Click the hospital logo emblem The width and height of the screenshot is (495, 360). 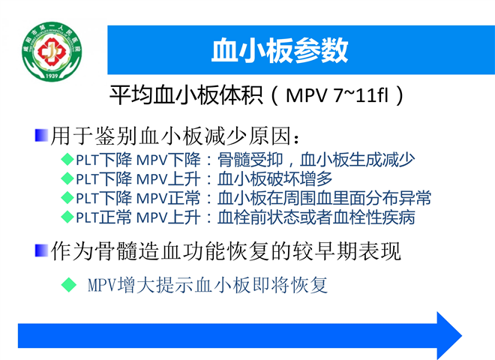click(52, 52)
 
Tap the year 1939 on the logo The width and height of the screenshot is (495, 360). click(52, 76)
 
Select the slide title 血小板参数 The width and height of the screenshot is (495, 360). click(280, 50)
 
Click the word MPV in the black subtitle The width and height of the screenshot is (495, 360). click(306, 95)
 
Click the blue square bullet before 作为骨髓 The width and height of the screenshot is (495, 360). click(41, 250)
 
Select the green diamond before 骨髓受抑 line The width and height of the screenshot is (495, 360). click(67, 159)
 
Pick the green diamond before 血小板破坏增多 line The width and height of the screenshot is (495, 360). click(67, 178)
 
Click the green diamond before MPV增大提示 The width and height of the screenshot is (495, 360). click(69, 284)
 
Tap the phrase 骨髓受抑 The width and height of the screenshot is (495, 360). click(250, 160)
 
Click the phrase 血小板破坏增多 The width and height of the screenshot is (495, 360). click(274, 178)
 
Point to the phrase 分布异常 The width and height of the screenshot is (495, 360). click(399, 198)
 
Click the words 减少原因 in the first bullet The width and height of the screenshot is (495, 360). click(247, 136)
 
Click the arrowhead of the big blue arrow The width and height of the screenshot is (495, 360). click(449, 335)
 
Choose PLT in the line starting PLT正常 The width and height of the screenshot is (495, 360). click(88, 217)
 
